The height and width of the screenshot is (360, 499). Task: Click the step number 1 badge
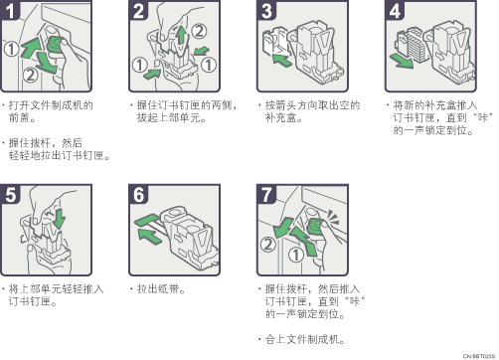10,10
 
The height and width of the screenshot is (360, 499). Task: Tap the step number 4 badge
395,10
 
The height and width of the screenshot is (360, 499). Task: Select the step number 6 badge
138,194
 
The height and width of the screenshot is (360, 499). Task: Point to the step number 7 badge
266,194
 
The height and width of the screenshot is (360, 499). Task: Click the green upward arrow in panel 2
181,36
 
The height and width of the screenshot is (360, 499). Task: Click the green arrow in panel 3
281,61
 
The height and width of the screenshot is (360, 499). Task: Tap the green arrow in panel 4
402,61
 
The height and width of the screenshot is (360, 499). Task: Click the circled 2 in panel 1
30,76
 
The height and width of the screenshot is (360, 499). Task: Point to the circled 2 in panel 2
199,31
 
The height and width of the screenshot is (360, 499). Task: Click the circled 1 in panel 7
296,255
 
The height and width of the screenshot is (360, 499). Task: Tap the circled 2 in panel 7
268,245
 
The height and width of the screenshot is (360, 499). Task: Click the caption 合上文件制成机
302,339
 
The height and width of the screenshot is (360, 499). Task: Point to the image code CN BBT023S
479,356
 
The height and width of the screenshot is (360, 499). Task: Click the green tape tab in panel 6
146,220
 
